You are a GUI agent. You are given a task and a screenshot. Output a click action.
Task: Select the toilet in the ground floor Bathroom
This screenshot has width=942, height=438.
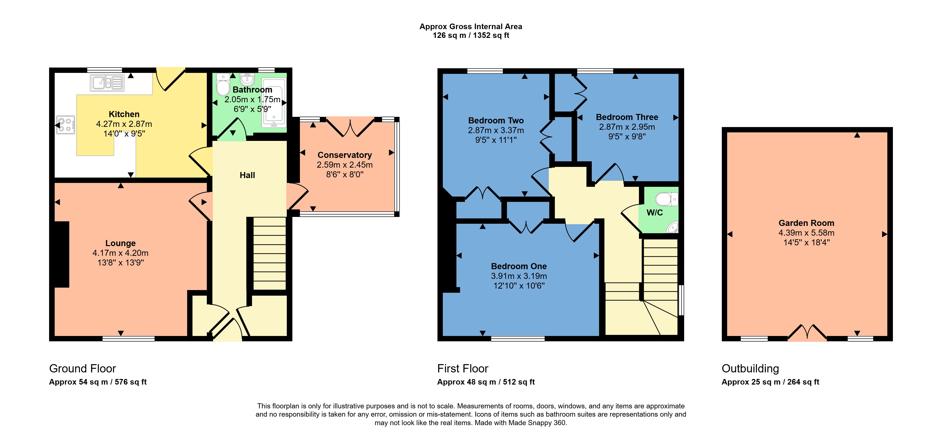pos(223,85)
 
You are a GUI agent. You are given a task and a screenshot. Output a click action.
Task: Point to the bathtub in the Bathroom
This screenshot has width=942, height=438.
pos(274,102)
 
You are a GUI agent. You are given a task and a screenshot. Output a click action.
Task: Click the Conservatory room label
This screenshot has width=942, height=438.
pos(344,155)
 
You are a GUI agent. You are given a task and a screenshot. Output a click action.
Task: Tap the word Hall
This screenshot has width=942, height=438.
pos(247,175)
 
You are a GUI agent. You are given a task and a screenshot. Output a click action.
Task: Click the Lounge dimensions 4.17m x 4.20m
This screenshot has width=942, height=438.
pos(120,253)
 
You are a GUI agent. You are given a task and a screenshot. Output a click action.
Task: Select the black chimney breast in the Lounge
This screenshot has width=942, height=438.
pos(61,254)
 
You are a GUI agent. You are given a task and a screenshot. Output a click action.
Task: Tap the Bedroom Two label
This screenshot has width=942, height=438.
pos(496,120)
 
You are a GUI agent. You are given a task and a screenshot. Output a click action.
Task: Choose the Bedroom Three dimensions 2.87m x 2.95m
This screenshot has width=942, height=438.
pos(627,127)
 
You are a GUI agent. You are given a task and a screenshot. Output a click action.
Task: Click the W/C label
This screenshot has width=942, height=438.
pos(654,212)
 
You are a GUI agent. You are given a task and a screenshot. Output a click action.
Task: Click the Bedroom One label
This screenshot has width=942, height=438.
pos(519,266)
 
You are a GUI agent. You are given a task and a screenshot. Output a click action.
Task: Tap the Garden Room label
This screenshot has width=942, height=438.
pos(806,223)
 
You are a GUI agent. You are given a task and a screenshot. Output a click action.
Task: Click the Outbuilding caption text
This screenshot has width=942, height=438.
pos(750,369)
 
